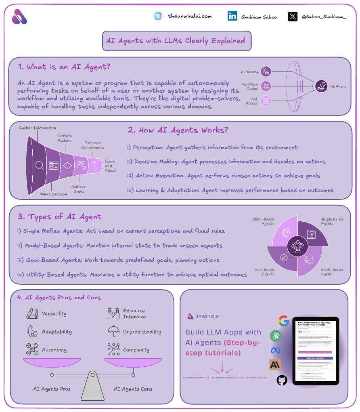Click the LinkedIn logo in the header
pos(232,16)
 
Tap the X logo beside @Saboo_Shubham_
pos(293,17)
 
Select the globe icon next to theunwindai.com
pos(158,16)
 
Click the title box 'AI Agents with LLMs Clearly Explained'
pos(176,41)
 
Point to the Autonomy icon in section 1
pos(266,71)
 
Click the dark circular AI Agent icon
pos(321,86)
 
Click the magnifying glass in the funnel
pos(40,165)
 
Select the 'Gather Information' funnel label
pos(38,128)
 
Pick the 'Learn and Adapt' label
pos(110,166)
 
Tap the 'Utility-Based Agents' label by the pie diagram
pos(263,221)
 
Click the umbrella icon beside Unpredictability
pos(113,331)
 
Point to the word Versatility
pos(54,313)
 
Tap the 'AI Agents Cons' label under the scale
pos(133,389)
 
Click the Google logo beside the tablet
pos(284,322)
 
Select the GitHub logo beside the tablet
pos(282,380)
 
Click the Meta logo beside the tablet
pos(276,350)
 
